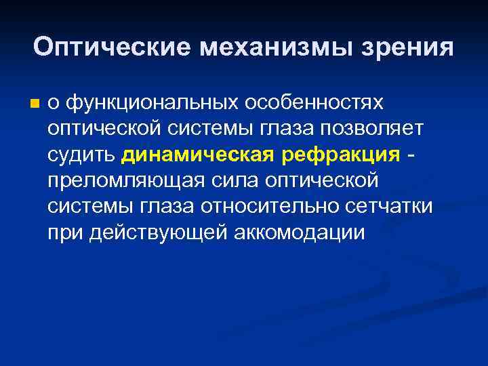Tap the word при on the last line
click(64, 233)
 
